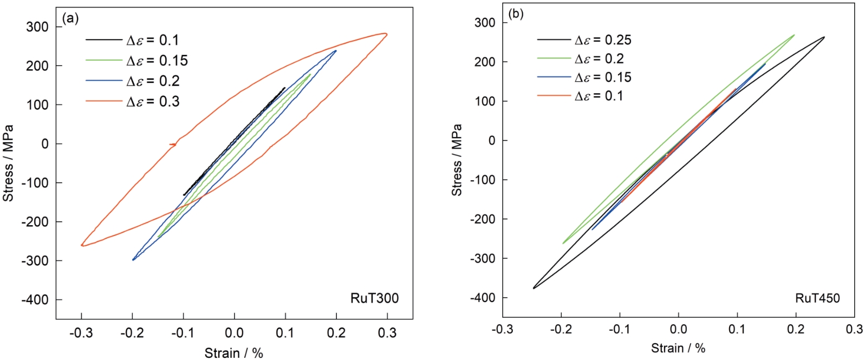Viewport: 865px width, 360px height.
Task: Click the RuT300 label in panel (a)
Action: pos(374,298)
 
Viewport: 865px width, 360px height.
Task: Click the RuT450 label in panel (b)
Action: pos(817,298)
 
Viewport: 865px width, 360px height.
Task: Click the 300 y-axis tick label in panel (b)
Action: pos(484,23)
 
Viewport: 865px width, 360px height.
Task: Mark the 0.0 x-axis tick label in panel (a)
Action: pos(234,332)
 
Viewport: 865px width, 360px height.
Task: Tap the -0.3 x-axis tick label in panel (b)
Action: pos(502,329)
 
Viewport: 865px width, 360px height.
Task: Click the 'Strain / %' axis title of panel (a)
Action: pos(233,353)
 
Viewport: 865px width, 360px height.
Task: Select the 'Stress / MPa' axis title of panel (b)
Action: pos(457,160)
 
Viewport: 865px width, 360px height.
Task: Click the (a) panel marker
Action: pos(70,18)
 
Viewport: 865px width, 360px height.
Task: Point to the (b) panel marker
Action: pos(515,14)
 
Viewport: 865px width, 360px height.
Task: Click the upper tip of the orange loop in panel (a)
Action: pos(386,34)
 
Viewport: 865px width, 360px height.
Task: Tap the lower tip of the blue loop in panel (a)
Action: pos(133,260)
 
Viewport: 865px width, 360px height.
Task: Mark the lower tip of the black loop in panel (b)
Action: pos(534,288)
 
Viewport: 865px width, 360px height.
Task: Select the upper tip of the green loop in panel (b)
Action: pos(794,35)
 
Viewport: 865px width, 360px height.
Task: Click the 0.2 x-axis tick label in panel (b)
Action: pos(796,329)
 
